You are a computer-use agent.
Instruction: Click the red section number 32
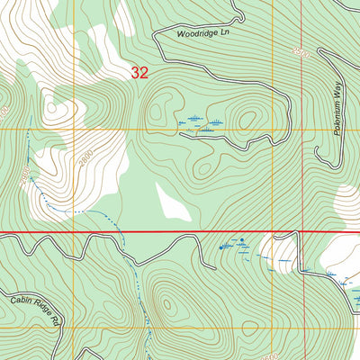(139, 73)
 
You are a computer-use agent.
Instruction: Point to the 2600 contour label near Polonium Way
(301, 53)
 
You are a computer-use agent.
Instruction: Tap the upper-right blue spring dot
(241, 240)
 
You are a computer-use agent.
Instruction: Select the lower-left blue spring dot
(221, 247)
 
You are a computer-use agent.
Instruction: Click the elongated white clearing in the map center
(172, 202)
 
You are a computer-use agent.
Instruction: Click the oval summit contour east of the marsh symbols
(246, 118)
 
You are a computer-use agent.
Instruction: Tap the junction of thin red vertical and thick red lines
(305, 232)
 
